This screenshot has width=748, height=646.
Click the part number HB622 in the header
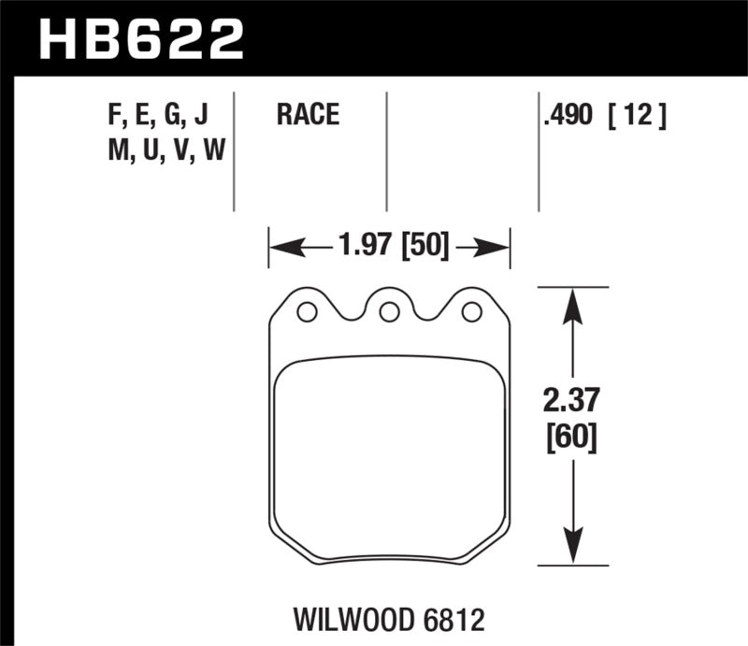pyautogui.click(x=140, y=38)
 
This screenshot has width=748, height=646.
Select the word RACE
pyautogui.click(x=307, y=116)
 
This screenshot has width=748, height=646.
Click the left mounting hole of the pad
pyautogui.click(x=306, y=312)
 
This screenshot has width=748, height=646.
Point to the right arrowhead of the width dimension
pyautogui.click(x=498, y=248)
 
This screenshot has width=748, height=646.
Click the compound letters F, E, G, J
pyautogui.click(x=158, y=116)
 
